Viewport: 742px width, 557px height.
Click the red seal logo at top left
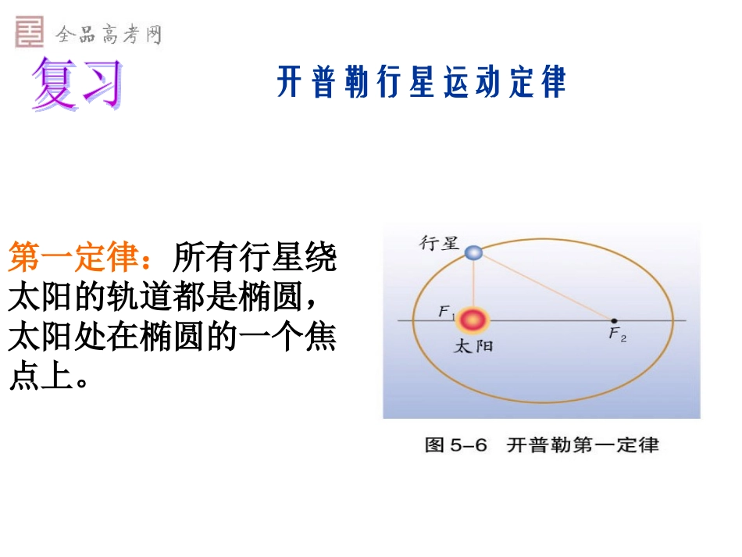click(x=29, y=32)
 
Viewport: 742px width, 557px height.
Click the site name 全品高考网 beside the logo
click(x=108, y=34)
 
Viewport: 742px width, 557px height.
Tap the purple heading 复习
click(x=78, y=84)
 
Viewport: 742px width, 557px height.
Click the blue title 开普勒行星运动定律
click(x=421, y=83)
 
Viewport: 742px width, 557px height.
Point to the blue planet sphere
click(x=473, y=252)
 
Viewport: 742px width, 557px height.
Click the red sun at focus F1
click(x=473, y=320)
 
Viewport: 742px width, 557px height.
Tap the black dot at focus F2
click(x=614, y=320)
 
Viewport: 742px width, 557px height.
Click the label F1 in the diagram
click(x=446, y=313)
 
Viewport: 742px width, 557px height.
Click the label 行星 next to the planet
click(x=439, y=243)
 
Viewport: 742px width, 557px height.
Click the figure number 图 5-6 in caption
click(x=455, y=445)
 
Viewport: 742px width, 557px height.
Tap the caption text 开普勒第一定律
click(x=583, y=445)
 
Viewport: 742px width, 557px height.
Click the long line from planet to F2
click(x=547, y=287)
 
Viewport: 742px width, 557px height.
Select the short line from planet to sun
click(x=473, y=281)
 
